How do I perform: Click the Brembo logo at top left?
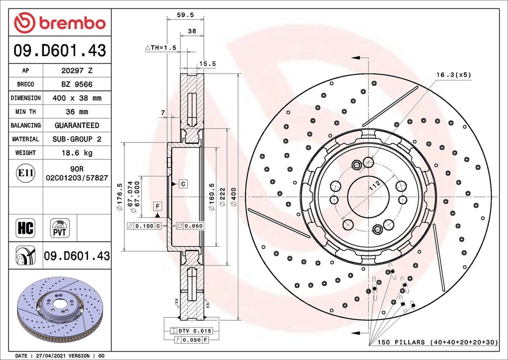click(60, 23)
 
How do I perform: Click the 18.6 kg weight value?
click(76, 152)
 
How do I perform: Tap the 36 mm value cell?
click(76, 112)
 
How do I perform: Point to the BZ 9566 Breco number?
click(76, 84)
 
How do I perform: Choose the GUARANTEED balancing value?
click(76, 125)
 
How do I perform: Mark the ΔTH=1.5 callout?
click(161, 48)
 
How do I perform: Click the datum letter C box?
click(183, 184)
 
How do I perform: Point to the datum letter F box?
click(157, 205)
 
